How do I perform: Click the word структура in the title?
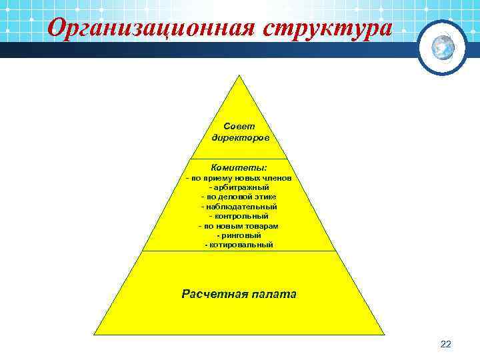[327, 28]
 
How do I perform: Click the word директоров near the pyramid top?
[240, 138]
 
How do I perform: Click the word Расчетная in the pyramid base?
[214, 293]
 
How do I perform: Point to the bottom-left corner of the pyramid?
[95, 333]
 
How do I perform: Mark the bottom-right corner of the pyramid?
[384, 333]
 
